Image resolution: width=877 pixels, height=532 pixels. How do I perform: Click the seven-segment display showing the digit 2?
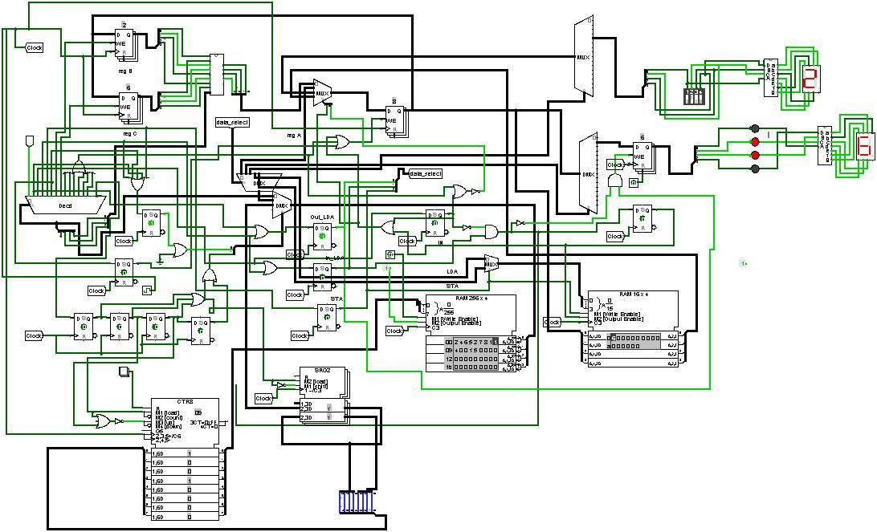(810, 79)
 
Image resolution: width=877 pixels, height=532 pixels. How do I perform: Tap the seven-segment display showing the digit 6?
(864, 147)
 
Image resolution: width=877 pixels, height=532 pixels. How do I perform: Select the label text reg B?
(125, 71)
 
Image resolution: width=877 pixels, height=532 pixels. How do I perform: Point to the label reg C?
(129, 133)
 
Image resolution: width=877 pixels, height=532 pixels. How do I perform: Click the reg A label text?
(294, 135)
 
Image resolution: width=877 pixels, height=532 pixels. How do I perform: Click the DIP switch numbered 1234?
(694, 95)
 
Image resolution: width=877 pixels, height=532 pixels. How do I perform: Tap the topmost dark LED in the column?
(754, 128)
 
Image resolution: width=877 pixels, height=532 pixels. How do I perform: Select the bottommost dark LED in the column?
(754, 169)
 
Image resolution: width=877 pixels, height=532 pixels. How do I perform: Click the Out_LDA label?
(322, 217)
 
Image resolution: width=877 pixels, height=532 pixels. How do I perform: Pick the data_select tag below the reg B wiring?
(233, 123)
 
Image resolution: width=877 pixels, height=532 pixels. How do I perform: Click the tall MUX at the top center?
(583, 58)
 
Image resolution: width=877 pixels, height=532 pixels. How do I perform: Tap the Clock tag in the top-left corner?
(35, 48)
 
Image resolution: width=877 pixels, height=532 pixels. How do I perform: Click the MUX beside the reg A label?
(322, 93)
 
